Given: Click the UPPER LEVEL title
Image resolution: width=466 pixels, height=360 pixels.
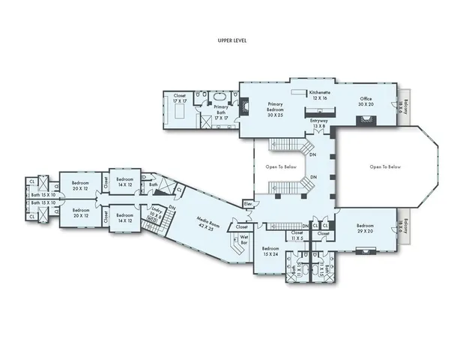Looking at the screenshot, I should [x=232, y=40].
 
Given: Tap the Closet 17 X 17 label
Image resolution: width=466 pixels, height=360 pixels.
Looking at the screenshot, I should [x=180, y=98].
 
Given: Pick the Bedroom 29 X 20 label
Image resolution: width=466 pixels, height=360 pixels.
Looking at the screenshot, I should [x=365, y=229].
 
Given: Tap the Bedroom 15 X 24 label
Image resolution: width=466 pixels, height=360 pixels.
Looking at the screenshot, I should [x=270, y=251].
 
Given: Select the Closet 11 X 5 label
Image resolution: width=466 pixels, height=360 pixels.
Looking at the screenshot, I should [x=297, y=235].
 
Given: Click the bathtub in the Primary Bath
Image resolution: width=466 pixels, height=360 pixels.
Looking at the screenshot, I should [x=220, y=98].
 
